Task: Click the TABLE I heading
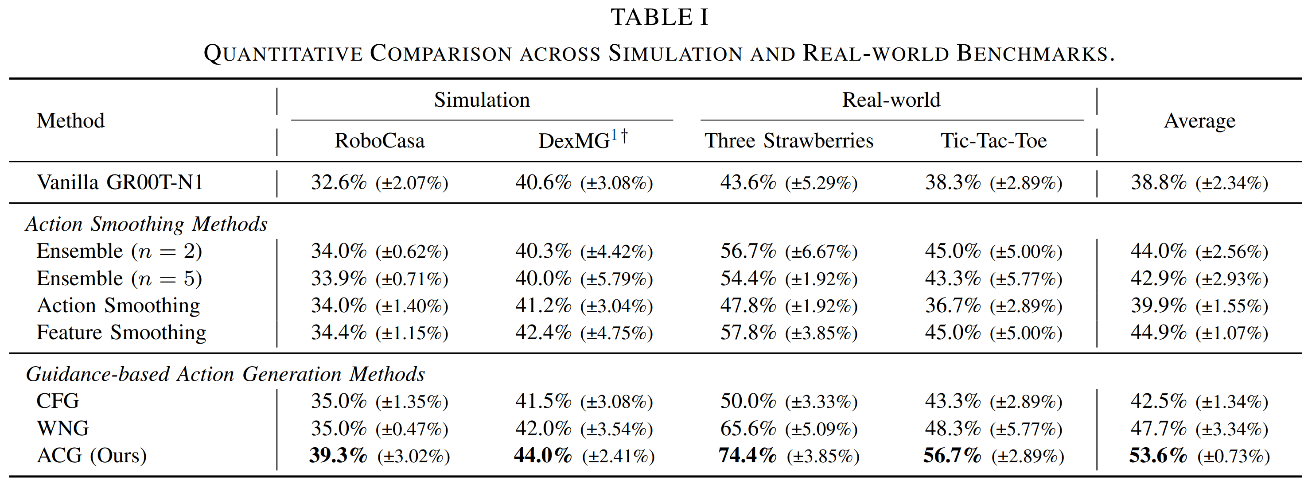tap(659, 18)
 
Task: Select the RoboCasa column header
tap(379, 140)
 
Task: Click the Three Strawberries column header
tap(789, 140)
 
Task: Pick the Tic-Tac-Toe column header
tap(993, 140)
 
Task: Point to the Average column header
tap(1199, 121)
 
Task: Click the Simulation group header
tap(481, 100)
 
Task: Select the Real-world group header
tap(891, 100)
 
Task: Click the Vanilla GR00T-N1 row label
tap(120, 182)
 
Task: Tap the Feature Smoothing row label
tap(121, 332)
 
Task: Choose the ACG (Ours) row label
tap(91, 455)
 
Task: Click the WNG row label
tap(62, 428)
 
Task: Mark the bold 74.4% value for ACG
tap(747, 455)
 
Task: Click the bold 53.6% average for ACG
tap(1158, 455)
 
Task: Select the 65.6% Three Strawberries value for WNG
tap(748, 428)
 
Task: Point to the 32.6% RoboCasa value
tap(339, 182)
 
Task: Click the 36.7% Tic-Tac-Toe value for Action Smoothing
tap(953, 306)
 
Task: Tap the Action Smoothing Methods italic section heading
tap(146, 224)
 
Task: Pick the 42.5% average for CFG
tap(1158, 401)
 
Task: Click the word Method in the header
tap(70, 121)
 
